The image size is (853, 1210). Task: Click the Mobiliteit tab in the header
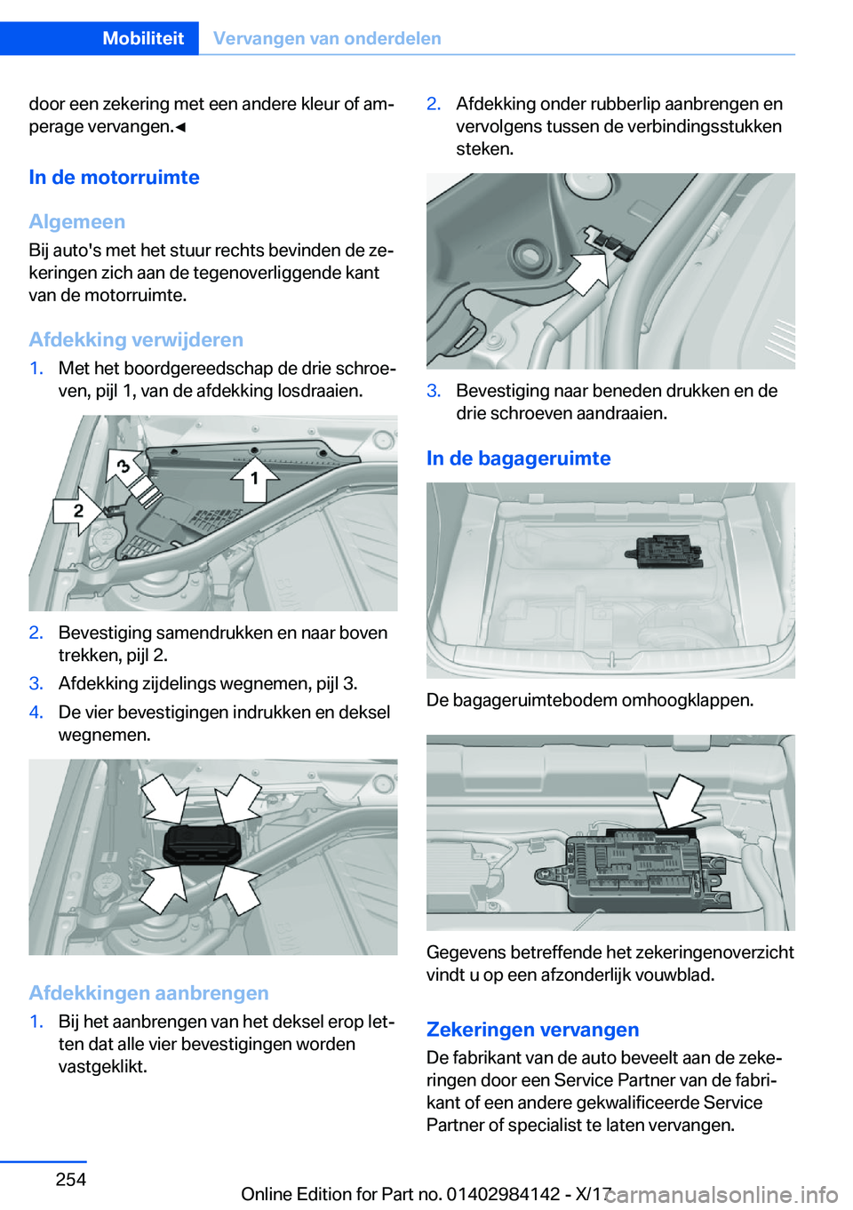[x=143, y=38]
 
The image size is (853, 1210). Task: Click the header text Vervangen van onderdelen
[x=327, y=38]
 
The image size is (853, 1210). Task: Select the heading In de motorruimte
[x=114, y=177]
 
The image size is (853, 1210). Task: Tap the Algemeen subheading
[x=77, y=221]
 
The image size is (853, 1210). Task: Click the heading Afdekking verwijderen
[x=136, y=339]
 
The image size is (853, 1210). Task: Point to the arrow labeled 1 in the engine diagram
[x=254, y=479]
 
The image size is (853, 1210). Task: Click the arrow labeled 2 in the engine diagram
[x=78, y=511]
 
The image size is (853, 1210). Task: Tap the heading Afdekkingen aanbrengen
[x=148, y=992]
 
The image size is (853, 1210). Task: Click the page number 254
[x=71, y=1179]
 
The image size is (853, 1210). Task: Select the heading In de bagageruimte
[x=518, y=458]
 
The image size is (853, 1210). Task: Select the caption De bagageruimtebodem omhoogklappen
[x=590, y=700]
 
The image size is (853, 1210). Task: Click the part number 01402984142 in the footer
[x=503, y=1194]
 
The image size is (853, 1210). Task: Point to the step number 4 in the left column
[x=36, y=712]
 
